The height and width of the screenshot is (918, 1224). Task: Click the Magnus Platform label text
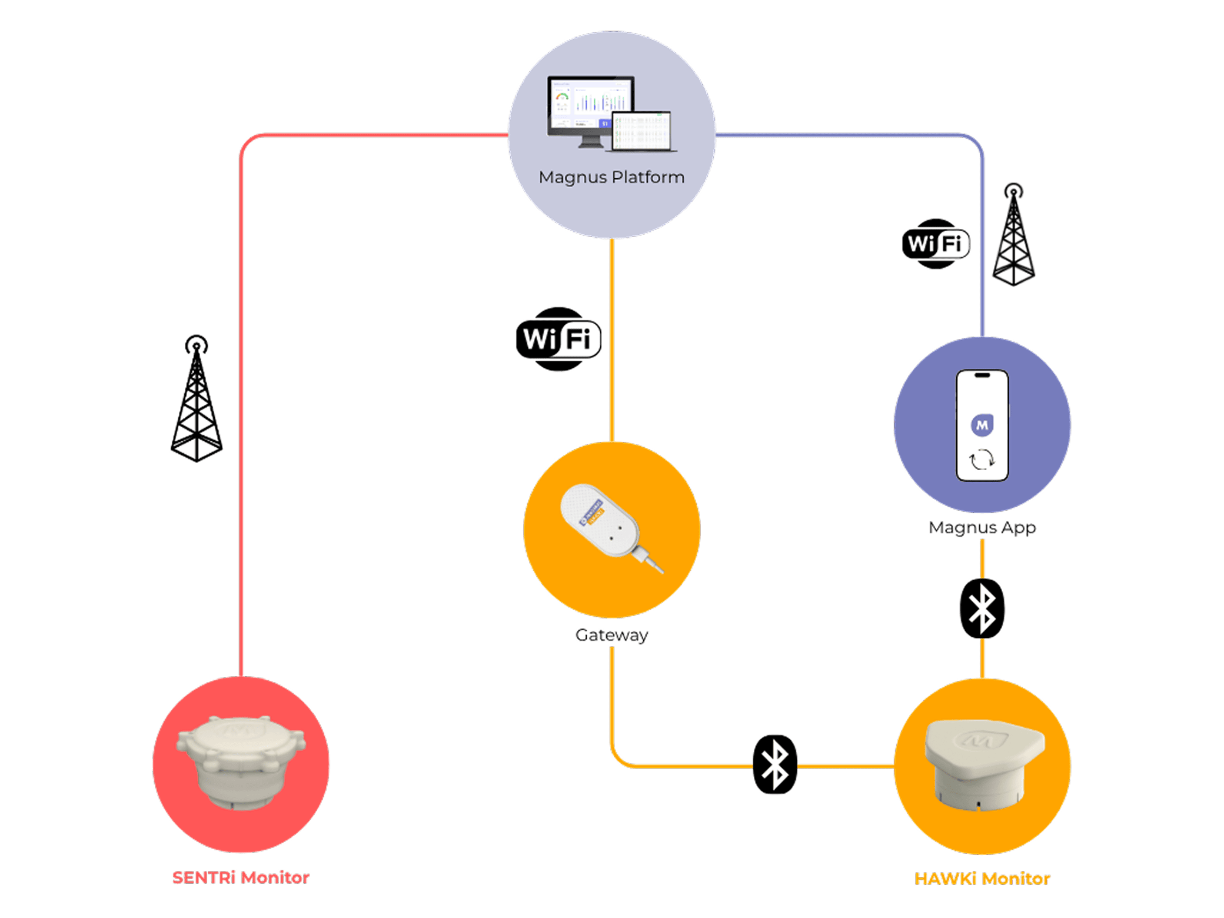pyautogui.click(x=611, y=177)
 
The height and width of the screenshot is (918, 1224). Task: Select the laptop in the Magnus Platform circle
pyautogui.click(x=642, y=132)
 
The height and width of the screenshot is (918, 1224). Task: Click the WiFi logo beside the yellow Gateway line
pyautogui.click(x=558, y=339)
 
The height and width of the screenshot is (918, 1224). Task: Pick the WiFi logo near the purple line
pyautogui.click(x=936, y=244)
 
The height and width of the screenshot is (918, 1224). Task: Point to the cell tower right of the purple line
pyautogui.click(x=1013, y=235)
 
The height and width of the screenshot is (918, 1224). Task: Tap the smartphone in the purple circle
pyautogui.click(x=982, y=425)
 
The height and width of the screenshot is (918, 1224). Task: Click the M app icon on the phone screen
pyautogui.click(x=982, y=425)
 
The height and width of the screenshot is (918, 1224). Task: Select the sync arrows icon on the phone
pyautogui.click(x=982, y=460)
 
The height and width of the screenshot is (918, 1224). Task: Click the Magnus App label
pyautogui.click(x=982, y=527)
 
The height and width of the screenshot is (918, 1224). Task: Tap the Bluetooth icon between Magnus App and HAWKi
pyautogui.click(x=982, y=608)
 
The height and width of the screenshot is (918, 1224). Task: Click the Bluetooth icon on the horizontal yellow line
pyautogui.click(x=775, y=764)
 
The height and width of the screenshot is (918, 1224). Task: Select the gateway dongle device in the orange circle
pyautogui.click(x=606, y=524)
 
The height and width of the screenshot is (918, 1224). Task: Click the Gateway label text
pyautogui.click(x=611, y=635)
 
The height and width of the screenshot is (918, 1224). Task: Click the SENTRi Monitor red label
pyautogui.click(x=241, y=877)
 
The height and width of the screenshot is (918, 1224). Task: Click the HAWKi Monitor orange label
pyautogui.click(x=982, y=879)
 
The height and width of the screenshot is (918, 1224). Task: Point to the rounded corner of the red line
pyautogui.click(x=247, y=141)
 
